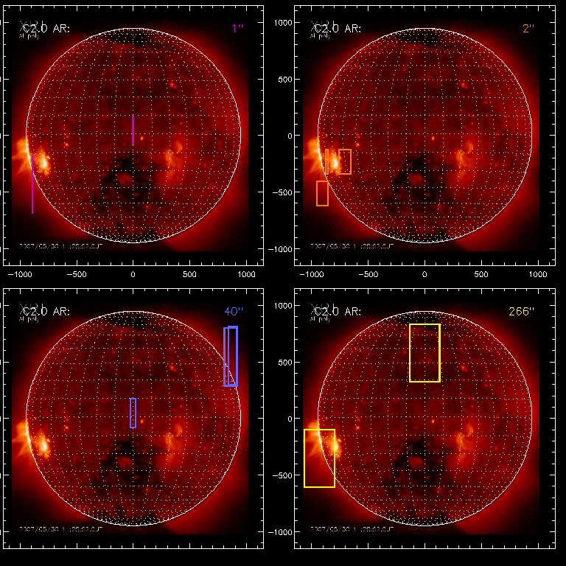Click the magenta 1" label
tap(237, 28)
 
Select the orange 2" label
tap(527, 28)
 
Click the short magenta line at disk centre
tap(133, 130)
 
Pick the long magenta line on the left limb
tap(32, 184)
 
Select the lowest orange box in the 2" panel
tap(322, 193)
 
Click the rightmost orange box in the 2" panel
tap(345, 161)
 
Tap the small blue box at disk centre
tap(133, 413)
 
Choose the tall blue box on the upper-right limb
tap(231, 356)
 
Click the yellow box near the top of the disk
tap(424, 352)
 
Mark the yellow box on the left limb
tap(319, 458)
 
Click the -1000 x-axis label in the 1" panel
tap(19, 273)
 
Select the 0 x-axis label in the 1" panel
tap(133, 273)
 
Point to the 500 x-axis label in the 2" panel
tap(481, 273)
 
